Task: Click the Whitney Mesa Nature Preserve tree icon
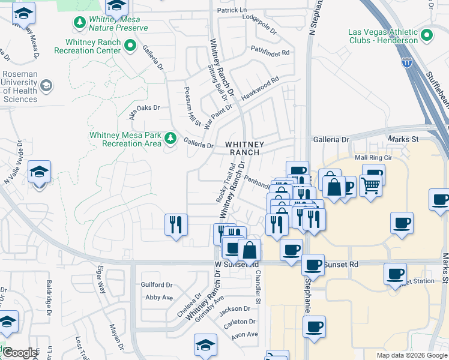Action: tap(79, 23)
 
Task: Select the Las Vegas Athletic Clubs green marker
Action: tap(427, 35)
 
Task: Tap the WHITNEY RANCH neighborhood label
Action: tap(243, 148)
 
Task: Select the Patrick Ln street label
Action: tap(232, 10)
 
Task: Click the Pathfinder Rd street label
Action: tap(270, 53)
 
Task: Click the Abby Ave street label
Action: tap(159, 297)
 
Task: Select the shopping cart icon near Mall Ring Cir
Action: tap(371, 187)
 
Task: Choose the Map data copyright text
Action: tap(411, 355)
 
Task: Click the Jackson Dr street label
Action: tap(235, 309)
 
